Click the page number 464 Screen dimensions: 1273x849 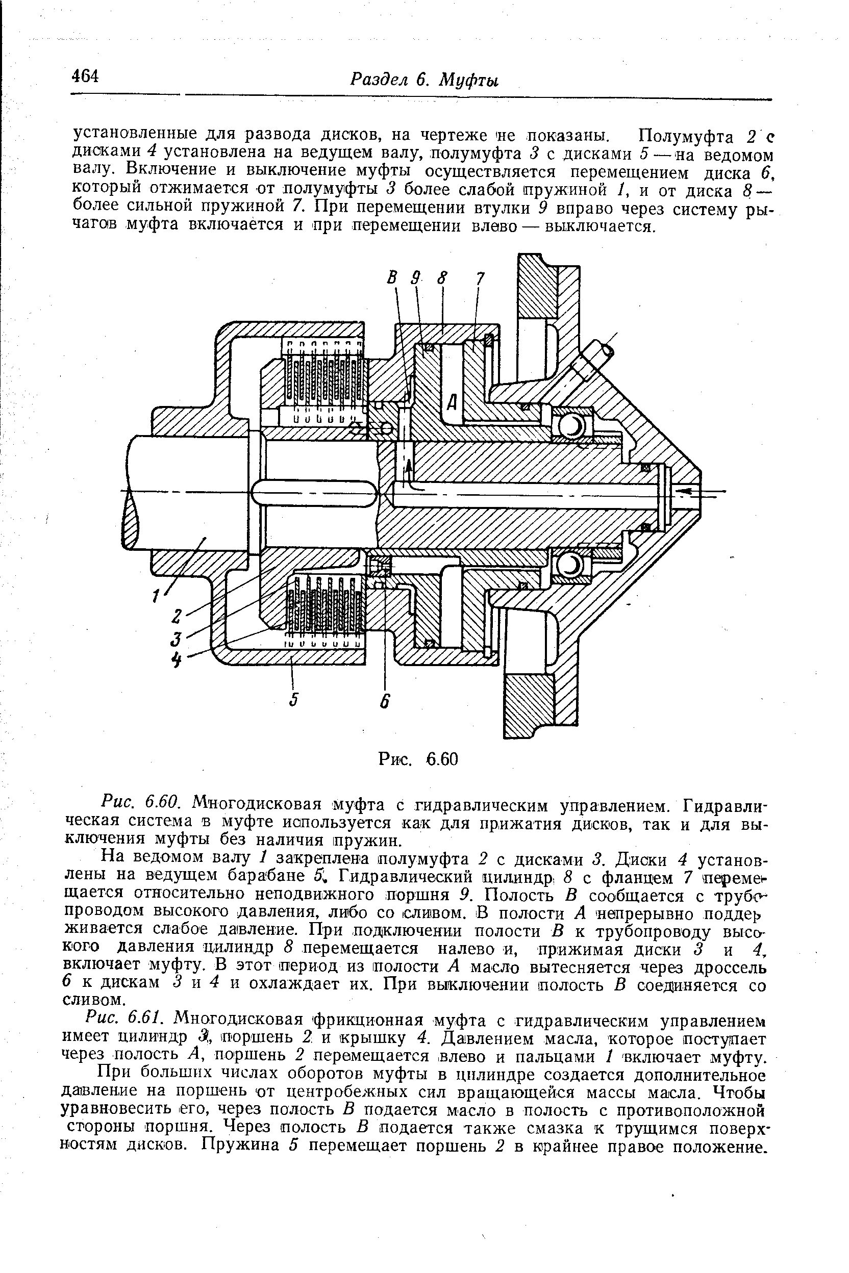(86, 77)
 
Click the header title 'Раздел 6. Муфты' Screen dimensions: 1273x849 (424, 80)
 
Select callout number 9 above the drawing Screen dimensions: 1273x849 (415, 279)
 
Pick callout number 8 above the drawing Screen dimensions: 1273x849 (442, 279)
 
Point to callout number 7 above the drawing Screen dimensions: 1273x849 (479, 279)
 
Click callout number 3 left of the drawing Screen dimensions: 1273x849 (176, 639)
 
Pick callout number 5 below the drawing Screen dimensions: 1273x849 (294, 700)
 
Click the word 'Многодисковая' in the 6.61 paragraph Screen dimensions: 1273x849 (238, 1020)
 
